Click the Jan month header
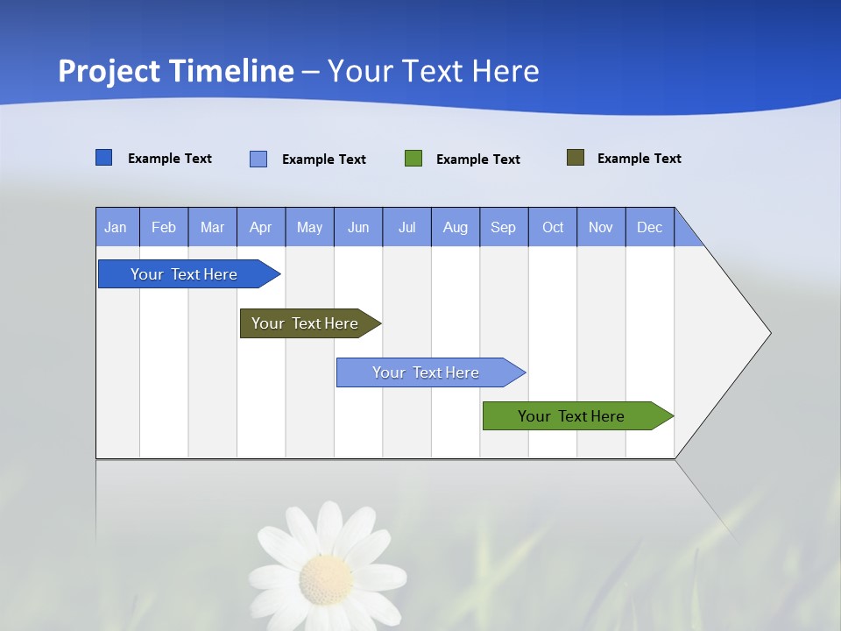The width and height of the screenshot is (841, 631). (117, 227)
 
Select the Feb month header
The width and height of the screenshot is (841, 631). (164, 227)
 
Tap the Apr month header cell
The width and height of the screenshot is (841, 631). (261, 227)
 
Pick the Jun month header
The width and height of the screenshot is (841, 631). (358, 227)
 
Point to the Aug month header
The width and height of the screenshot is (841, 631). (456, 227)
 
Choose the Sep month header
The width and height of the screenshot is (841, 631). (504, 227)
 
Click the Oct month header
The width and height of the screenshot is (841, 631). (553, 227)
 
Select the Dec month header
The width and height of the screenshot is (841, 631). (650, 227)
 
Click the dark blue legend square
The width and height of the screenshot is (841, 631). (104, 158)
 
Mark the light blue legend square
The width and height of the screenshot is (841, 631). (258, 159)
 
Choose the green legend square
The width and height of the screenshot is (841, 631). (413, 159)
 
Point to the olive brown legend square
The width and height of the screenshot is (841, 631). (576, 158)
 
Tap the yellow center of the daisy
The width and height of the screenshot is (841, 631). (326, 578)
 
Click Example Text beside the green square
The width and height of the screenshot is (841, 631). (478, 160)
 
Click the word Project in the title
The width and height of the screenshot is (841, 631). (109, 71)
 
